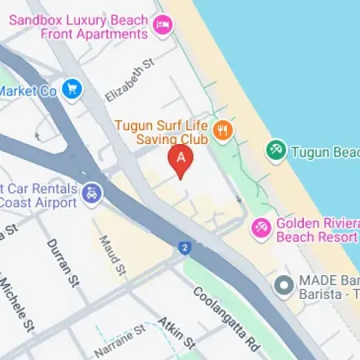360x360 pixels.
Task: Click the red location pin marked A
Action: coord(181,159)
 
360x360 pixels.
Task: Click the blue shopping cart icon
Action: coord(72,90)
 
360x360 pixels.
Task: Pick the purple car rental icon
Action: coord(92,192)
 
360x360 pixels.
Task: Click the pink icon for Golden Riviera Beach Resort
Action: coord(260,228)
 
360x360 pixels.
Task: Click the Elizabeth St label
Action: coord(130,80)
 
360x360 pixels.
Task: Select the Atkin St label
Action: coord(176,330)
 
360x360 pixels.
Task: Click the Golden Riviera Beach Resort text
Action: coord(317,229)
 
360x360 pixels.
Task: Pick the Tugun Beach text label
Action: coord(324,152)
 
